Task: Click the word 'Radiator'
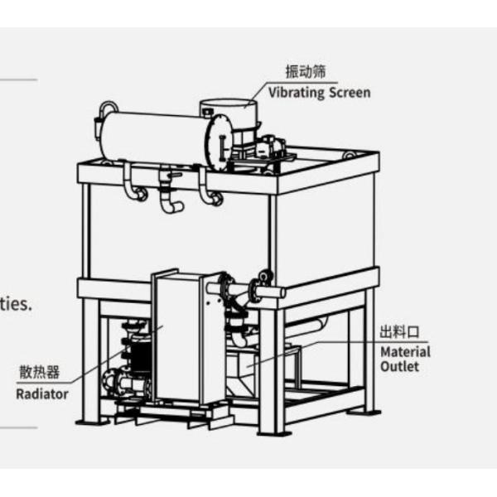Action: point(42,393)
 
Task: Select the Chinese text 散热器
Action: point(40,373)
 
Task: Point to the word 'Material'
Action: point(405,352)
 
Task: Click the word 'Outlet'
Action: point(400,366)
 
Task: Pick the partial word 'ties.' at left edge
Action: point(16,304)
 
